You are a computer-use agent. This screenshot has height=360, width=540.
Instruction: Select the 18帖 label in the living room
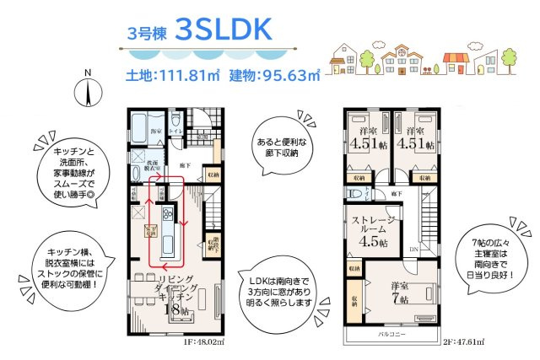pyautogui.click(x=173, y=309)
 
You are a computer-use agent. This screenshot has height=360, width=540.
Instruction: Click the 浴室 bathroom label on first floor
pyautogui.click(x=155, y=132)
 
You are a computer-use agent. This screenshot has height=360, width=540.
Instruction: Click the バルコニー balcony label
pyautogui.click(x=393, y=335)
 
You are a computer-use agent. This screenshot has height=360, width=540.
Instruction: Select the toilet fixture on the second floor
pyautogui.click(x=355, y=193)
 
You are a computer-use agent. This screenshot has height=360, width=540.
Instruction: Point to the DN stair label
pyautogui.click(x=413, y=250)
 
